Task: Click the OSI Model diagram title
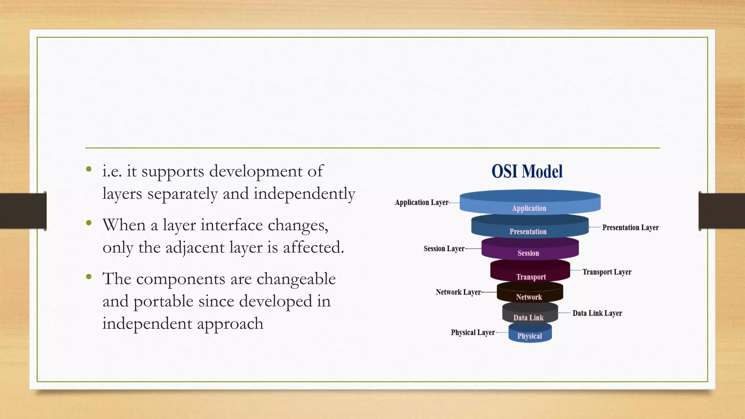point(527,171)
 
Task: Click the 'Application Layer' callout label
point(422,203)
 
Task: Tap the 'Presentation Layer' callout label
point(630,228)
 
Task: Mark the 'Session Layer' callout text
point(444,249)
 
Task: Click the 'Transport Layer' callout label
point(606,272)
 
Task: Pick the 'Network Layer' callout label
point(458,292)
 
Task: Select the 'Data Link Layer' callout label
point(597,313)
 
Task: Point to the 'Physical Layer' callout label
point(473,332)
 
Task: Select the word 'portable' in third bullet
point(163,302)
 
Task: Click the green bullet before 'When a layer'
point(89,223)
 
